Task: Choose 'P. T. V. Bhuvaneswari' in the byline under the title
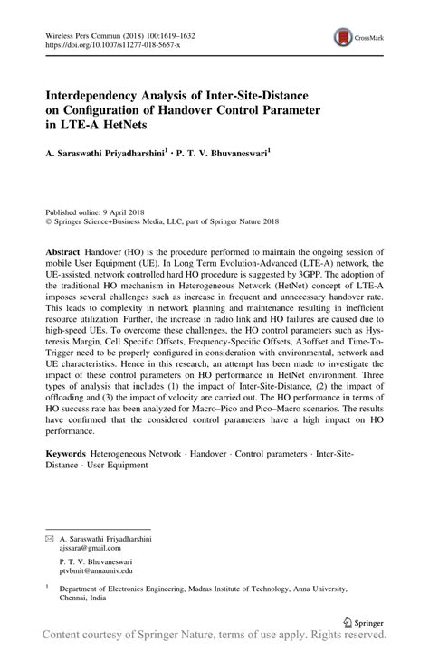[221, 155]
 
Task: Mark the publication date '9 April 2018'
[135, 208]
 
